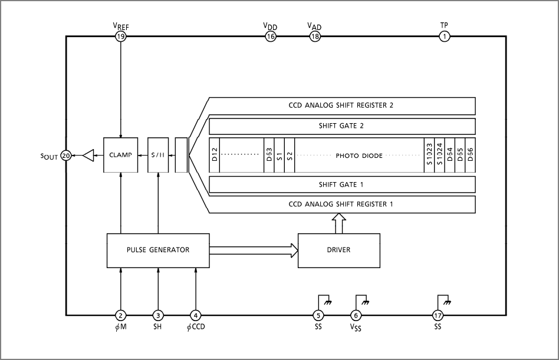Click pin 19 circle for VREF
(x=120, y=37)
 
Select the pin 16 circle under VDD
(x=270, y=37)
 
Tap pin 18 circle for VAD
(x=315, y=37)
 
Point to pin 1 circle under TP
(x=443, y=37)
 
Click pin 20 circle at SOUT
(x=66, y=156)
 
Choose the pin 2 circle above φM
(x=120, y=315)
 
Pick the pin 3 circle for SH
(x=158, y=315)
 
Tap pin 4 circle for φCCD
(x=196, y=315)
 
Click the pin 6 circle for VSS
(x=356, y=315)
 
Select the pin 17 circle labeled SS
(x=438, y=315)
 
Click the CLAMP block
(x=120, y=156)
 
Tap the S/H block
(x=158, y=156)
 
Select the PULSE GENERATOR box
(x=158, y=250)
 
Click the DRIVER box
(x=338, y=250)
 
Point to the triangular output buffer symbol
(x=88, y=156)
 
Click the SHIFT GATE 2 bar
(x=342, y=126)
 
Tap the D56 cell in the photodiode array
(x=470, y=156)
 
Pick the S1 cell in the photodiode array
(x=279, y=156)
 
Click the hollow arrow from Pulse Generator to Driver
(x=254, y=250)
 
